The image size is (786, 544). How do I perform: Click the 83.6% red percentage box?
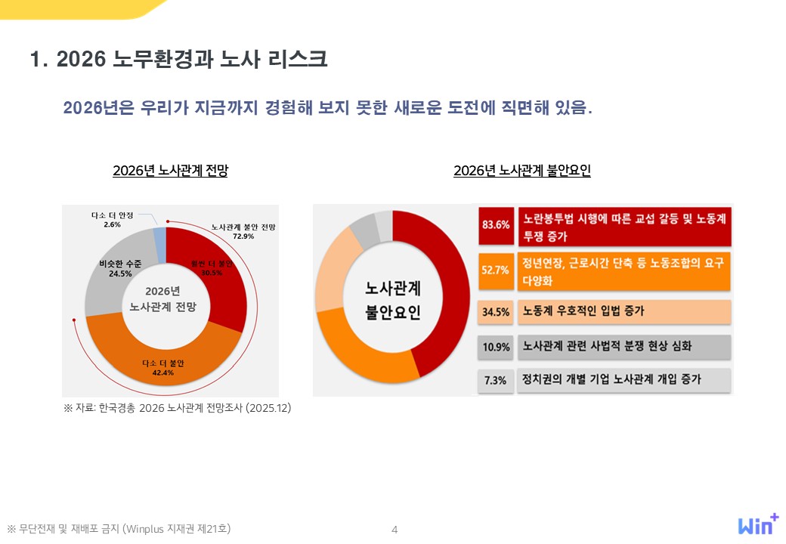pos(496,226)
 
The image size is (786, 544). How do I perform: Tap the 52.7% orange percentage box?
pos(496,270)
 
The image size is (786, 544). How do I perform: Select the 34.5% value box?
pos(496,311)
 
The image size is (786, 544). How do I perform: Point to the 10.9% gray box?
pos(496,348)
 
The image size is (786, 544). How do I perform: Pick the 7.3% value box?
pos(496,380)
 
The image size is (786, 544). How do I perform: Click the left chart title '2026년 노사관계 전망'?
pos(170,171)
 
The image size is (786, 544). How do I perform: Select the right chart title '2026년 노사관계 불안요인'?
pos(521,171)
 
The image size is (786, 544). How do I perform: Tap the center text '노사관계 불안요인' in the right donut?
pos(393,300)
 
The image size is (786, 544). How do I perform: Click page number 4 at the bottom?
pos(394,530)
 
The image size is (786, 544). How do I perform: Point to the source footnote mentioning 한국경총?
pos(177,408)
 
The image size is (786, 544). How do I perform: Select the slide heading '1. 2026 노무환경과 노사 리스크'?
pos(178,60)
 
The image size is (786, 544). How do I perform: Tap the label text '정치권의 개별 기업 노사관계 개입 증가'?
pos(611,379)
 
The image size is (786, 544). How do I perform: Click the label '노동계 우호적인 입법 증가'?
pos(583,311)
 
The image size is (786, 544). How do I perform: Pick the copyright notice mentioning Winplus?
pos(119,529)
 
